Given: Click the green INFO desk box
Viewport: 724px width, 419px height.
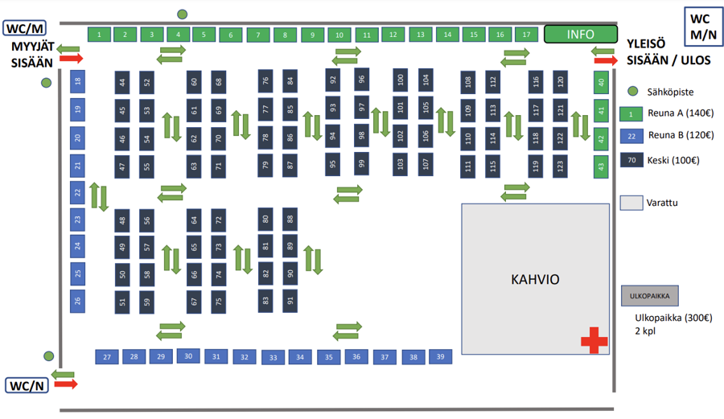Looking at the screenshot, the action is [580, 34].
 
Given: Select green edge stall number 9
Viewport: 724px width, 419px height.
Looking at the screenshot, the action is [313, 35].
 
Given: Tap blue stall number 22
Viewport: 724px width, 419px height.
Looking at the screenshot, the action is [77, 192].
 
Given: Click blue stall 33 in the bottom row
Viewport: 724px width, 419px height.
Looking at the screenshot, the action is [274, 358].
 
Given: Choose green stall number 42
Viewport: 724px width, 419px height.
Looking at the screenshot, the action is [601, 138].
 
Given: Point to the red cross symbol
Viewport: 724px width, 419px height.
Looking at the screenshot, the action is [594, 340].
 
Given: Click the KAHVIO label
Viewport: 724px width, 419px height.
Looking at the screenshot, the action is [535, 279].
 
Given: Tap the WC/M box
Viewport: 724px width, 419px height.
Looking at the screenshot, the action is [25, 28].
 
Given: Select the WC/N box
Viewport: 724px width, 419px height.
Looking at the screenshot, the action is [27, 385].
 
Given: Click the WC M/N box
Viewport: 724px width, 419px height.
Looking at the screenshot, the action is [703, 27].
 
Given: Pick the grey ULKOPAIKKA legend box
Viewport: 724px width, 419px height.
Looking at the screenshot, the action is [650, 296].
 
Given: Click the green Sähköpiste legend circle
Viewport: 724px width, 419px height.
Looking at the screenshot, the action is [633, 92].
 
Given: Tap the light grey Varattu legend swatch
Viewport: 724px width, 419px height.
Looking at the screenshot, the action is [631, 203].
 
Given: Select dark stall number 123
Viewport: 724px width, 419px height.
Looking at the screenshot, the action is [560, 166].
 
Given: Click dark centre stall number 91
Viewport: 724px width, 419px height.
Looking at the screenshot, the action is [290, 301].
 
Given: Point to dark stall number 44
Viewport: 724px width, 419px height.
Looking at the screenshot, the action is [122, 83].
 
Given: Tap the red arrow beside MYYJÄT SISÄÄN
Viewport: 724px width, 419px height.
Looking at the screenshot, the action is [71, 58].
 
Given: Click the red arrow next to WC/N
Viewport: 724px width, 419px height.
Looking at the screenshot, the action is [66, 384].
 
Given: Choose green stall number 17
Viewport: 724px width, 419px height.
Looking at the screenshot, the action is [526, 34].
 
